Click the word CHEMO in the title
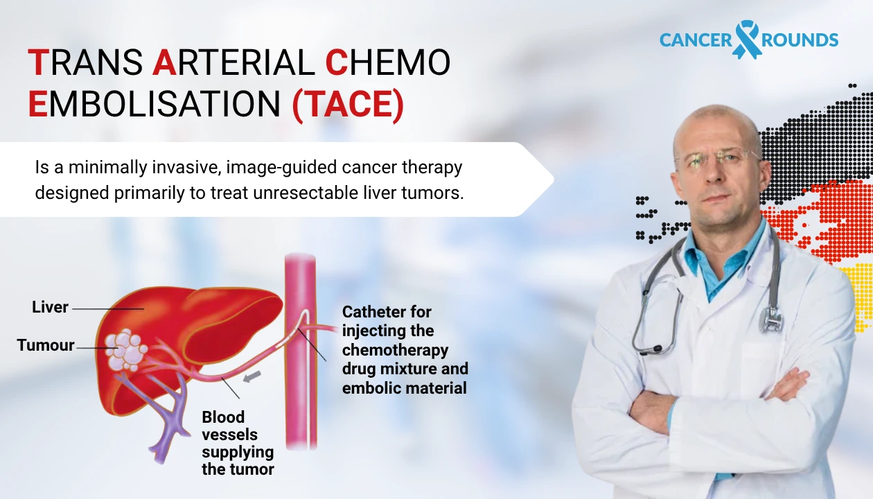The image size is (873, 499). click(388, 64)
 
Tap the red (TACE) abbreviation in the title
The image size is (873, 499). click(347, 105)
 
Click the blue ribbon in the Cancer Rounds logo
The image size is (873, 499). click(746, 39)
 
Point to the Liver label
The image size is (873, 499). click(50, 307)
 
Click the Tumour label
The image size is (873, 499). click(46, 345)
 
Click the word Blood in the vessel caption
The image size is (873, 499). click(223, 417)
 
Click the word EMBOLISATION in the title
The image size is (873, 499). click(155, 105)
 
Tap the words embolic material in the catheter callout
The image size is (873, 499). click(405, 388)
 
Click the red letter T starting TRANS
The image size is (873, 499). click(36, 64)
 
